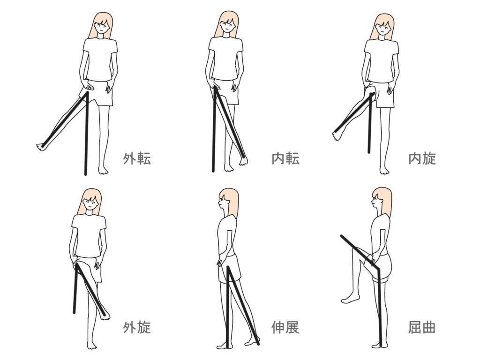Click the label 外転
click(137, 158)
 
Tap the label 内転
click(285, 158)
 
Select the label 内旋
click(422, 158)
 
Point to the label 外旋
click(137, 327)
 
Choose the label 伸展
click(285, 327)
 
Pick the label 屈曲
click(422, 327)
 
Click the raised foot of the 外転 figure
click(42, 147)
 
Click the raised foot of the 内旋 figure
click(337, 135)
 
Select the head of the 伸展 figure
click(228, 201)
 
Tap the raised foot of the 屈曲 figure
click(348, 298)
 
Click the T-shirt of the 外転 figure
click(100, 60)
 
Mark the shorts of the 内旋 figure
click(381, 94)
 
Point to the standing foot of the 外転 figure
click(103, 170)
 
